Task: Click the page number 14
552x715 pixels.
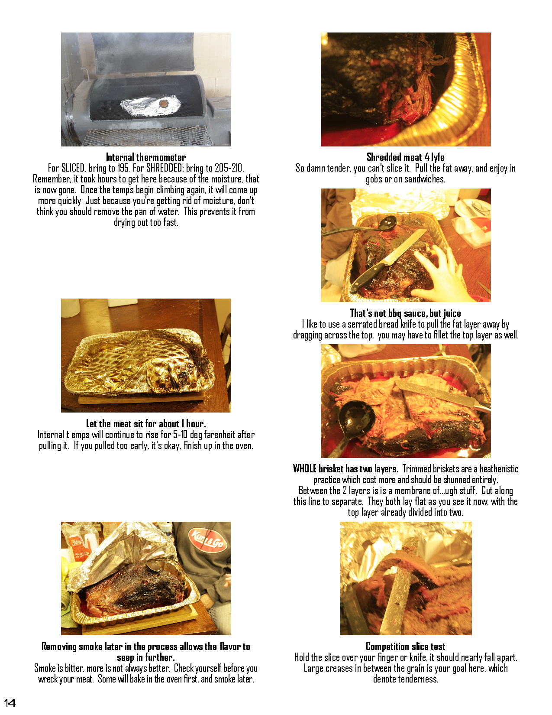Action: coord(10,703)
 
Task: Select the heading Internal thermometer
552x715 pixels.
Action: coord(145,157)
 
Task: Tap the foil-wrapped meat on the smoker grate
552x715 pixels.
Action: coord(151,106)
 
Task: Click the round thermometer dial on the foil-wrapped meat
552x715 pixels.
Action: coord(164,104)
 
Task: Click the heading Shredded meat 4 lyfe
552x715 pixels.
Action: coord(405,157)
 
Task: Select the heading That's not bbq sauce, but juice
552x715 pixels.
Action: coord(405,313)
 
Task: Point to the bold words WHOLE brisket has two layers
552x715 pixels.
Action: coord(345,468)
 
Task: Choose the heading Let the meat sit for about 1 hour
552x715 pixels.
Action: coord(146,423)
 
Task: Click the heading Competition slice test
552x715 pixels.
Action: coord(405,646)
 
